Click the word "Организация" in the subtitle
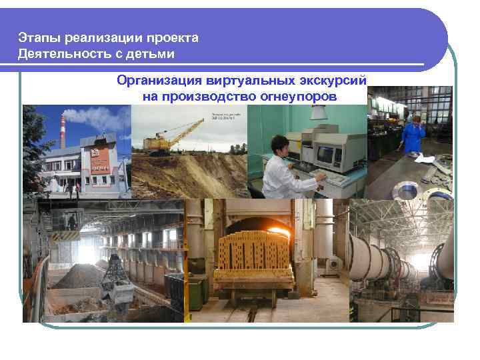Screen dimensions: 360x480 158,81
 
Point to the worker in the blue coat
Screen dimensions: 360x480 413,133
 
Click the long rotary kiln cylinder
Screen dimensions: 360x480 387,260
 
